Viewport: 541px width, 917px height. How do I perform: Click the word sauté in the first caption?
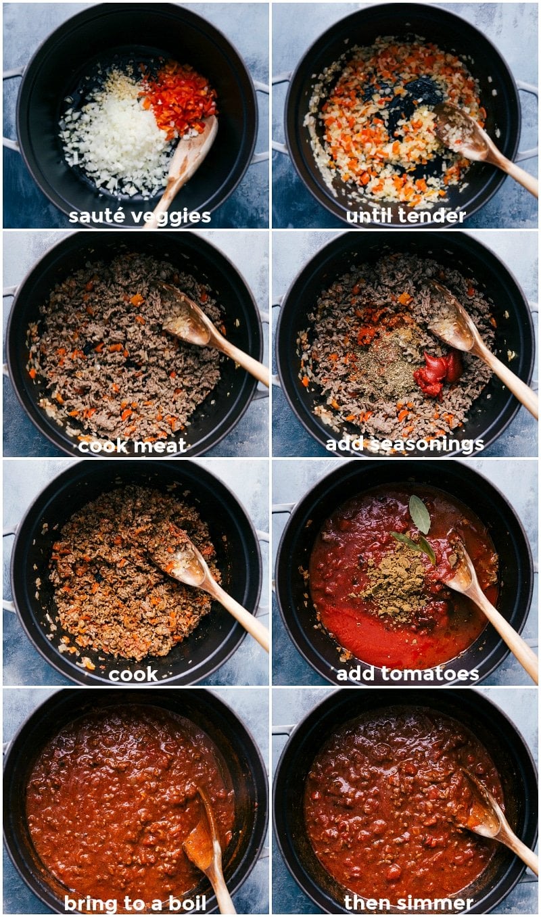(95, 216)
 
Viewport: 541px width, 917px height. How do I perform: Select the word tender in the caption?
(433, 216)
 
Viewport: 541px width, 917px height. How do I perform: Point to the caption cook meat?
(132, 446)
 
